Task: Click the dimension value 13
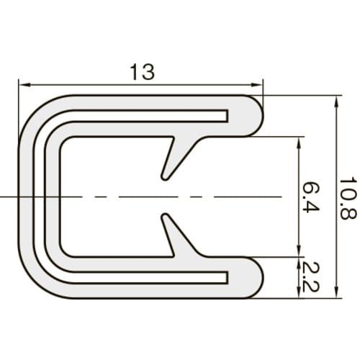click(142, 72)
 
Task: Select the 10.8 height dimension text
click(348, 197)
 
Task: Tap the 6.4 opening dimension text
click(310, 197)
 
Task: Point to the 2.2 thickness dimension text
click(310, 276)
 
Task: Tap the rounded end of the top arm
click(255, 116)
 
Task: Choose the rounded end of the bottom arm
click(255, 277)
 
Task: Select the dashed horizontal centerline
click(108, 196)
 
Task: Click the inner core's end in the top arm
click(228, 115)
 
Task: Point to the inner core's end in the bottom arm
click(228, 277)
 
